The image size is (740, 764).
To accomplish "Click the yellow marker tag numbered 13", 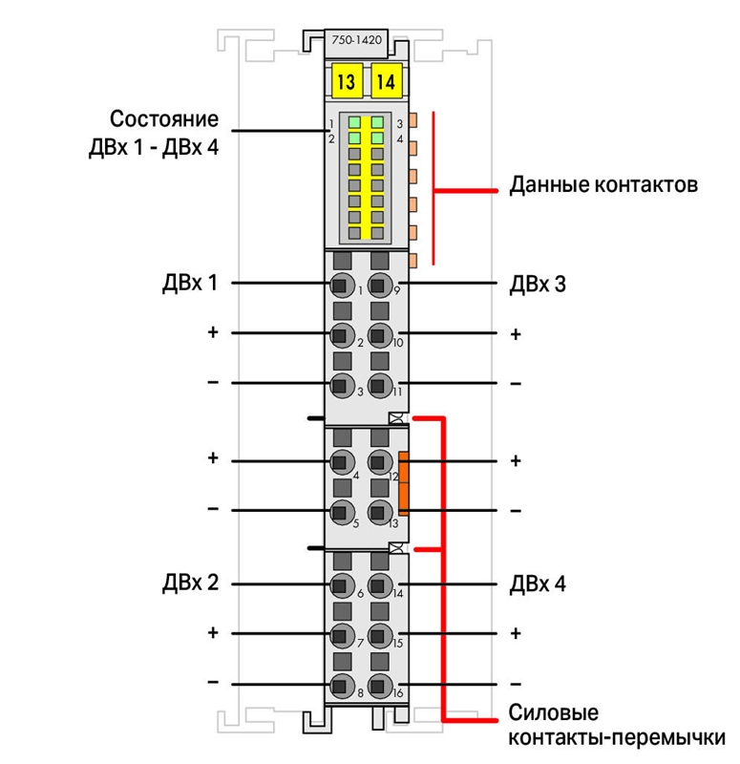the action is [x=347, y=81].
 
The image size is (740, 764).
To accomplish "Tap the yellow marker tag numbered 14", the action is [x=387, y=81].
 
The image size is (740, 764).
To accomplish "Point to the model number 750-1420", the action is [x=356, y=40].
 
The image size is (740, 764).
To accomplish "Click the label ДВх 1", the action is [x=190, y=283].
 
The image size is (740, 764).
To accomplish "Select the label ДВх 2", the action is [x=190, y=583].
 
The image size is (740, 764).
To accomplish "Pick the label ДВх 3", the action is [x=538, y=284].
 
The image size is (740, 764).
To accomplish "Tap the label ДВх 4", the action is [x=538, y=584].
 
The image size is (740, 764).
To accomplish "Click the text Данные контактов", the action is [x=603, y=184].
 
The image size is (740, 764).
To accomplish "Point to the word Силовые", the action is [x=554, y=712].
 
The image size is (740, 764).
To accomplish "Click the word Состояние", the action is [x=164, y=118].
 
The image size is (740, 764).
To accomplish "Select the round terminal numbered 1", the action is [x=342, y=285].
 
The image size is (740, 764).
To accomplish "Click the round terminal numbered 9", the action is [x=379, y=285].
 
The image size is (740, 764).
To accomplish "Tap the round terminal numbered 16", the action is [x=379, y=686].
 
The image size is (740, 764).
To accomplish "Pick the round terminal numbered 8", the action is [x=342, y=686].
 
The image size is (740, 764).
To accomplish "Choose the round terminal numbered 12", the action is [x=379, y=462].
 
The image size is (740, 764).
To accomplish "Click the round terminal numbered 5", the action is [x=342, y=512].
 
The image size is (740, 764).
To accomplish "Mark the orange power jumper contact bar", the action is [x=403, y=483].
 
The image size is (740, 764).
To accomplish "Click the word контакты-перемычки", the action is [x=617, y=738].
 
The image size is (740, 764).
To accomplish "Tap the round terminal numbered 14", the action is [x=379, y=585].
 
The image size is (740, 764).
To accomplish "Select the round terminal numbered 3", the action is [x=342, y=386].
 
